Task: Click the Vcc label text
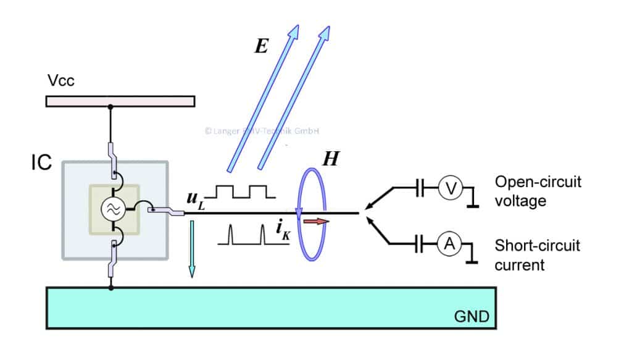(60, 81)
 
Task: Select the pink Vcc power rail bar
(120, 101)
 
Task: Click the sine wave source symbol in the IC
(114, 209)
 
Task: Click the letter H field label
(331, 160)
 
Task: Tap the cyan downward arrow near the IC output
(191, 246)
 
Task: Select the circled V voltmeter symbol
(450, 189)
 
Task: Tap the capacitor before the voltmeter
(420, 189)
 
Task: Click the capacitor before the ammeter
(420, 246)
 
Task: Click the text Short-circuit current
(538, 255)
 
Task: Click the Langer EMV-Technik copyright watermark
(262, 131)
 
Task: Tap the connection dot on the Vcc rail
(110, 107)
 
